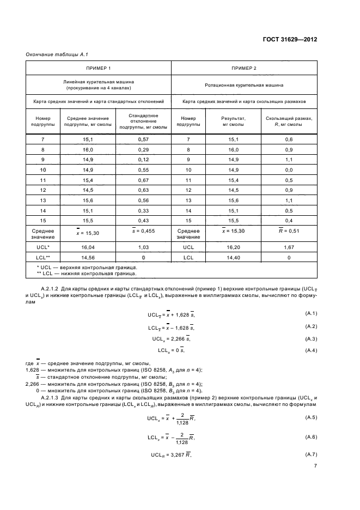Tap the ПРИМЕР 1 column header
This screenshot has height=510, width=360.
(99, 68)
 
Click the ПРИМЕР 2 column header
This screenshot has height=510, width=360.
(243, 68)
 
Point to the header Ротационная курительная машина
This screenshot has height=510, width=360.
(243, 85)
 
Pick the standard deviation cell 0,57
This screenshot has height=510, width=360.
(143, 139)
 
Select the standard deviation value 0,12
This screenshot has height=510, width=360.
(143, 160)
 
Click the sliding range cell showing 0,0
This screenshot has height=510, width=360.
(289, 169)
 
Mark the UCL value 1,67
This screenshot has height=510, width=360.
(289, 246)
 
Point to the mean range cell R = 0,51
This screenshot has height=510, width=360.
(289, 231)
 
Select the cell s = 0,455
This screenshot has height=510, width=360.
(143, 231)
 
